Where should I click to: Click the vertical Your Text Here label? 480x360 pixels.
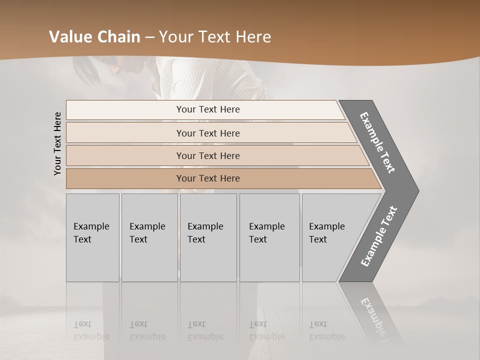click(57, 143)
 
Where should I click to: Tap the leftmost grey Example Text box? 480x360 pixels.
click(92, 237)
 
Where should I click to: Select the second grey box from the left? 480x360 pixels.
click(149, 237)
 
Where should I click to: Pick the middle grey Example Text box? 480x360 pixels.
click(208, 237)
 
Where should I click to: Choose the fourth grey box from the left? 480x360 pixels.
click(269, 237)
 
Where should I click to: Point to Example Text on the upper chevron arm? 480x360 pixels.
click(377, 142)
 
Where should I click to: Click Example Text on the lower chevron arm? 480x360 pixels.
click(379, 236)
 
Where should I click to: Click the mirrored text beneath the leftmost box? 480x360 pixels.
click(91, 330)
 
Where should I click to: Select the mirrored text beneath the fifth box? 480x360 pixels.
click(326, 330)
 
